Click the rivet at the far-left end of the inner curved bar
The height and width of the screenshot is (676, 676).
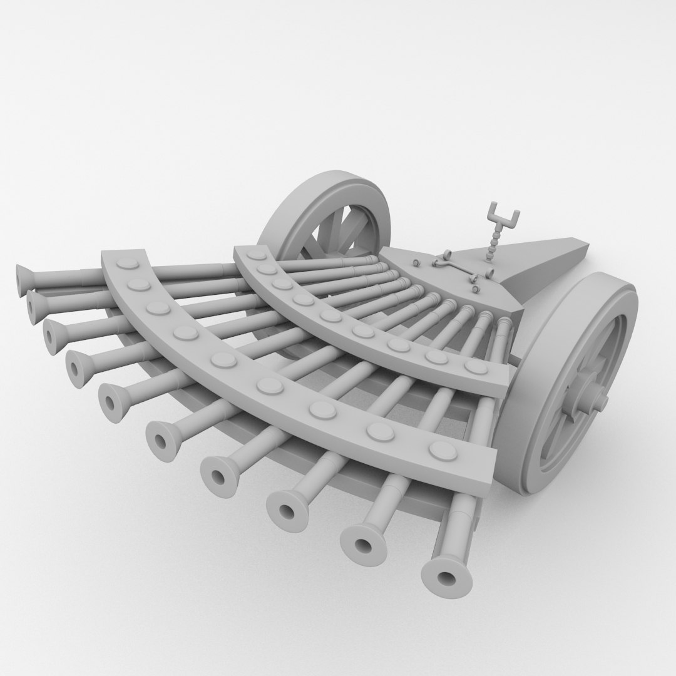(255, 255)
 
